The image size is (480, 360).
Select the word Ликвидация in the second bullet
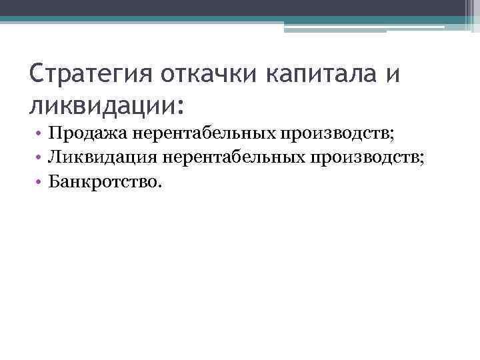tap(99, 157)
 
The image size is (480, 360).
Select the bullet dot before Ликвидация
tap(41, 158)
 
